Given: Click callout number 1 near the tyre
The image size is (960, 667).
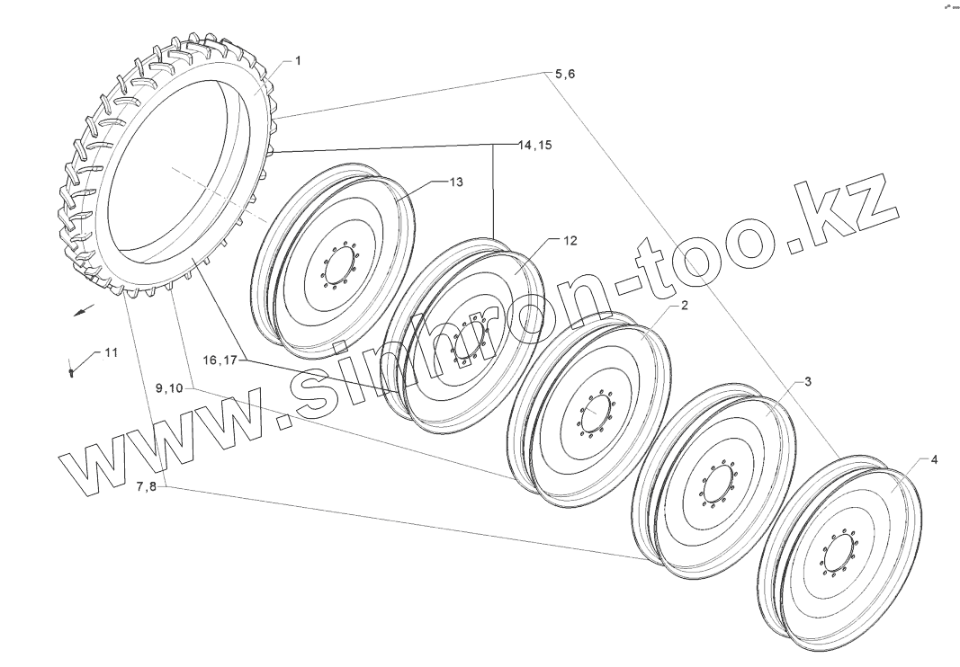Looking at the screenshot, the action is pyautogui.click(x=298, y=60).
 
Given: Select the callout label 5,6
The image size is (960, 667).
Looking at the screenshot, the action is pyautogui.click(x=564, y=74).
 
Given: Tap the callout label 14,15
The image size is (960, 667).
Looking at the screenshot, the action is pyautogui.click(x=534, y=145).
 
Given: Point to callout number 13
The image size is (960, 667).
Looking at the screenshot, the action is pyautogui.click(x=456, y=182).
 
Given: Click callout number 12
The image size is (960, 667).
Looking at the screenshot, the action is pyautogui.click(x=570, y=241).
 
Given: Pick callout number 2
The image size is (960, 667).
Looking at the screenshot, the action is pyautogui.click(x=685, y=305).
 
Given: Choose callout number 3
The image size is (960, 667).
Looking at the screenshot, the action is pyautogui.click(x=808, y=382).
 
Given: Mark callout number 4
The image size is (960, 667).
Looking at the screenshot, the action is pyautogui.click(x=934, y=459).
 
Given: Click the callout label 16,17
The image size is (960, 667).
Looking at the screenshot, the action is pyautogui.click(x=220, y=360).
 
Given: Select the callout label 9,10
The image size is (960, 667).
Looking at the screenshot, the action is pyautogui.click(x=169, y=388).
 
